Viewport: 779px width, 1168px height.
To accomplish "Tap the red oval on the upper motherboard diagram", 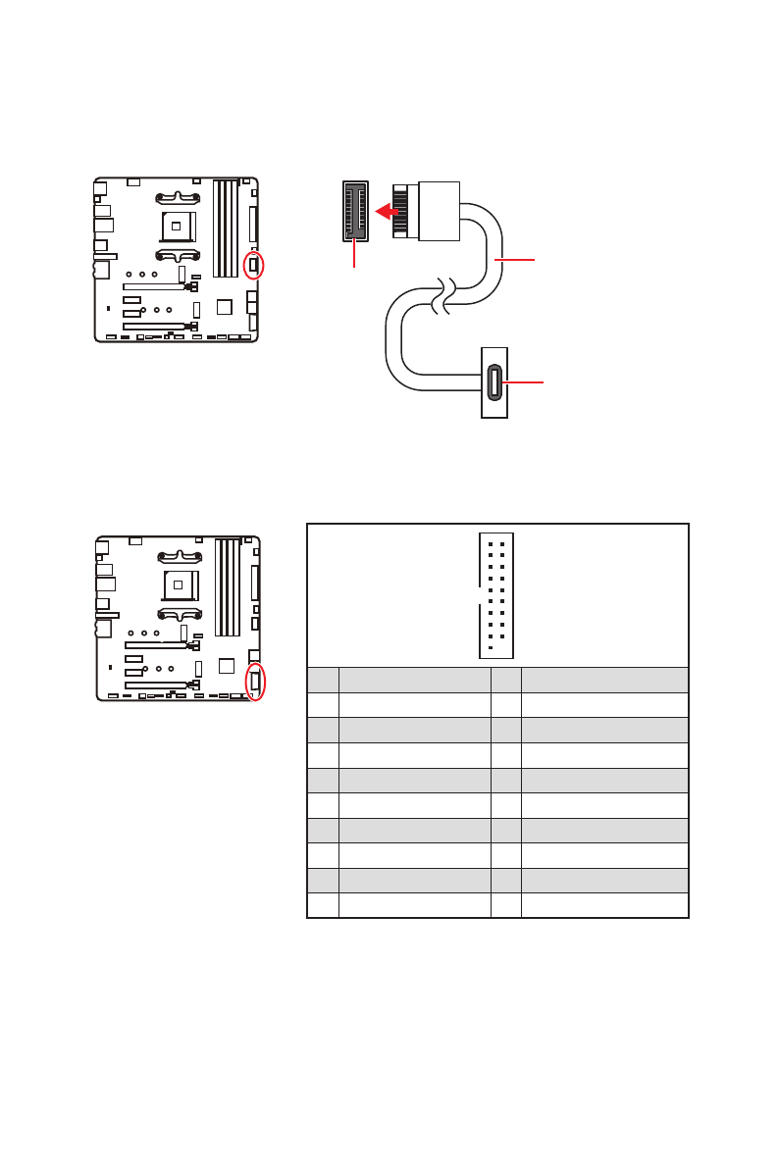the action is (253, 264).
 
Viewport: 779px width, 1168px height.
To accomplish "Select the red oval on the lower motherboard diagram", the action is (255, 681).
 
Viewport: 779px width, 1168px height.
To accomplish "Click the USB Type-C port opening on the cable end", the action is (493, 382).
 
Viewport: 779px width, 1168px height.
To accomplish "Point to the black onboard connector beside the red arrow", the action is (354, 211).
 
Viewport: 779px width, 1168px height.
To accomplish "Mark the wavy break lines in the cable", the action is (444, 297).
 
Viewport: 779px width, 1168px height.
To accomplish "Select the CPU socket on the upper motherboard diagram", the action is (178, 226).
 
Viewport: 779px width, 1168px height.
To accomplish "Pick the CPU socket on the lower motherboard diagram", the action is (179, 585).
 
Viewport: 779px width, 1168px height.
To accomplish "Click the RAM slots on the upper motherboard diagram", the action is (226, 228).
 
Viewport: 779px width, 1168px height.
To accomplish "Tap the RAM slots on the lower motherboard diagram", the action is (227, 586).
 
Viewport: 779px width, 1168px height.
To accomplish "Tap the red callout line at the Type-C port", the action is (524, 382).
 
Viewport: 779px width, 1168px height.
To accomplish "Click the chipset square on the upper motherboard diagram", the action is (225, 307).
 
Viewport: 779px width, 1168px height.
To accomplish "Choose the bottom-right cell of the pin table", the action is (603, 904).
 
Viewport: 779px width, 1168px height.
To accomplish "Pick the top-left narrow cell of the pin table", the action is (323, 681).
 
